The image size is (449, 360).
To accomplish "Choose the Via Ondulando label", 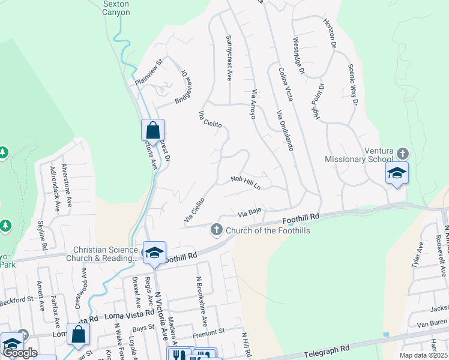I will pyautogui.click(x=285, y=131).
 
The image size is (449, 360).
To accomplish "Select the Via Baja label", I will pyautogui.click(x=250, y=212).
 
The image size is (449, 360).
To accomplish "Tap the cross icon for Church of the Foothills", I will pyautogui.click(x=216, y=229).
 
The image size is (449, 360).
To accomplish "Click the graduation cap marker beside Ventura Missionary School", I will pyautogui.click(x=397, y=173).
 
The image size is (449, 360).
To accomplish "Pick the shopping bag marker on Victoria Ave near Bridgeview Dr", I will pyautogui.click(x=152, y=130).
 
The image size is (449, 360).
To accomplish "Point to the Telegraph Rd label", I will pyautogui.click(x=327, y=350).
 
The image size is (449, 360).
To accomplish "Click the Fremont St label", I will pyautogui.click(x=208, y=331).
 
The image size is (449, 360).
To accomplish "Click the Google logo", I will pyautogui.click(x=20, y=352).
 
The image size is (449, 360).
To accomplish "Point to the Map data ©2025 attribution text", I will pyautogui.click(x=423, y=355).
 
